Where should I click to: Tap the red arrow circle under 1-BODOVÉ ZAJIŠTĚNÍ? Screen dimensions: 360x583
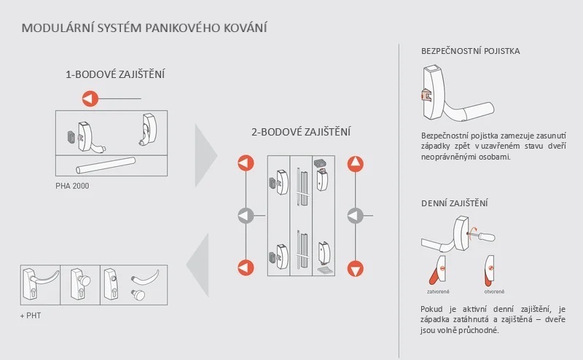(x=90, y=98)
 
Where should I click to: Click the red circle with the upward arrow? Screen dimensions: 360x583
(x=355, y=163)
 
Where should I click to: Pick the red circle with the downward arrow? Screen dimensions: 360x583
(x=355, y=267)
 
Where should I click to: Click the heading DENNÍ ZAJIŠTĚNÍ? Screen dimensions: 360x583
(x=455, y=203)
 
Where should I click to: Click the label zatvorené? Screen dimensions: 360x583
(x=437, y=291)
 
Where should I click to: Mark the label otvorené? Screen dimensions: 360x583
(x=494, y=291)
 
